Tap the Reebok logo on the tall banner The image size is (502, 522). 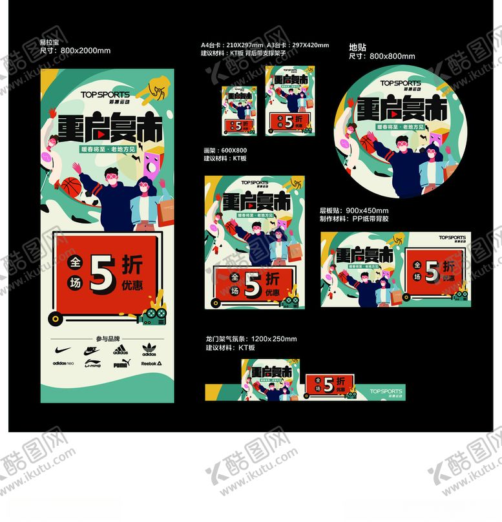pos(151,363)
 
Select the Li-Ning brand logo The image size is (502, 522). pos(92,364)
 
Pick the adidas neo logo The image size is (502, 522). pos(63,364)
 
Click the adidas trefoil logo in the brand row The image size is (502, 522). pos(149,350)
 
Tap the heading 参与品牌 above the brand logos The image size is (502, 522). pos(107,339)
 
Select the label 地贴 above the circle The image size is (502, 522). pos(357,47)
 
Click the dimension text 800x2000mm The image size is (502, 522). pos(85,50)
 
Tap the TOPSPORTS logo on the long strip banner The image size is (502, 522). pos(386,392)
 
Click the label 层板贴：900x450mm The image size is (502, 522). pos(354,211)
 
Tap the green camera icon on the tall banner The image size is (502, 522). pos(151,315)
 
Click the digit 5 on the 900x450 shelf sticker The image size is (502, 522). pos(431,271)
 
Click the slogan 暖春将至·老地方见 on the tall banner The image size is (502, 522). pos(107,148)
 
